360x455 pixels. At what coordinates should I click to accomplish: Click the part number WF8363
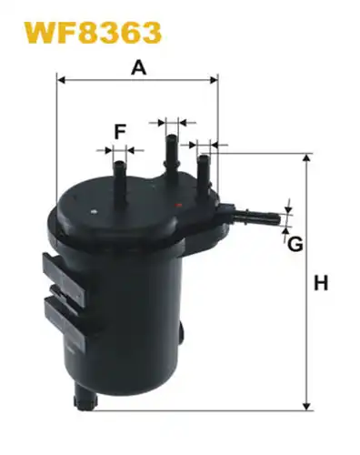(x=93, y=32)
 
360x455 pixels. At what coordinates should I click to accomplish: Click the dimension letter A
(x=139, y=67)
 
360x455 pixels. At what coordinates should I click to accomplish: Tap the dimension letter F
(x=120, y=132)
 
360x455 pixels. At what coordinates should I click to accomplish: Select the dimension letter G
(x=295, y=244)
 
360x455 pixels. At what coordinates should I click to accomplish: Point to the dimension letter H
(x=321, y=283)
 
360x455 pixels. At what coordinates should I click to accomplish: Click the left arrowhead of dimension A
(x=61, y=80)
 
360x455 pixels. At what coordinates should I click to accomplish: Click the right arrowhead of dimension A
(x=214, y=80)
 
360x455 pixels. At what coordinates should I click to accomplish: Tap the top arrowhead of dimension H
(x=307, y=158)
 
